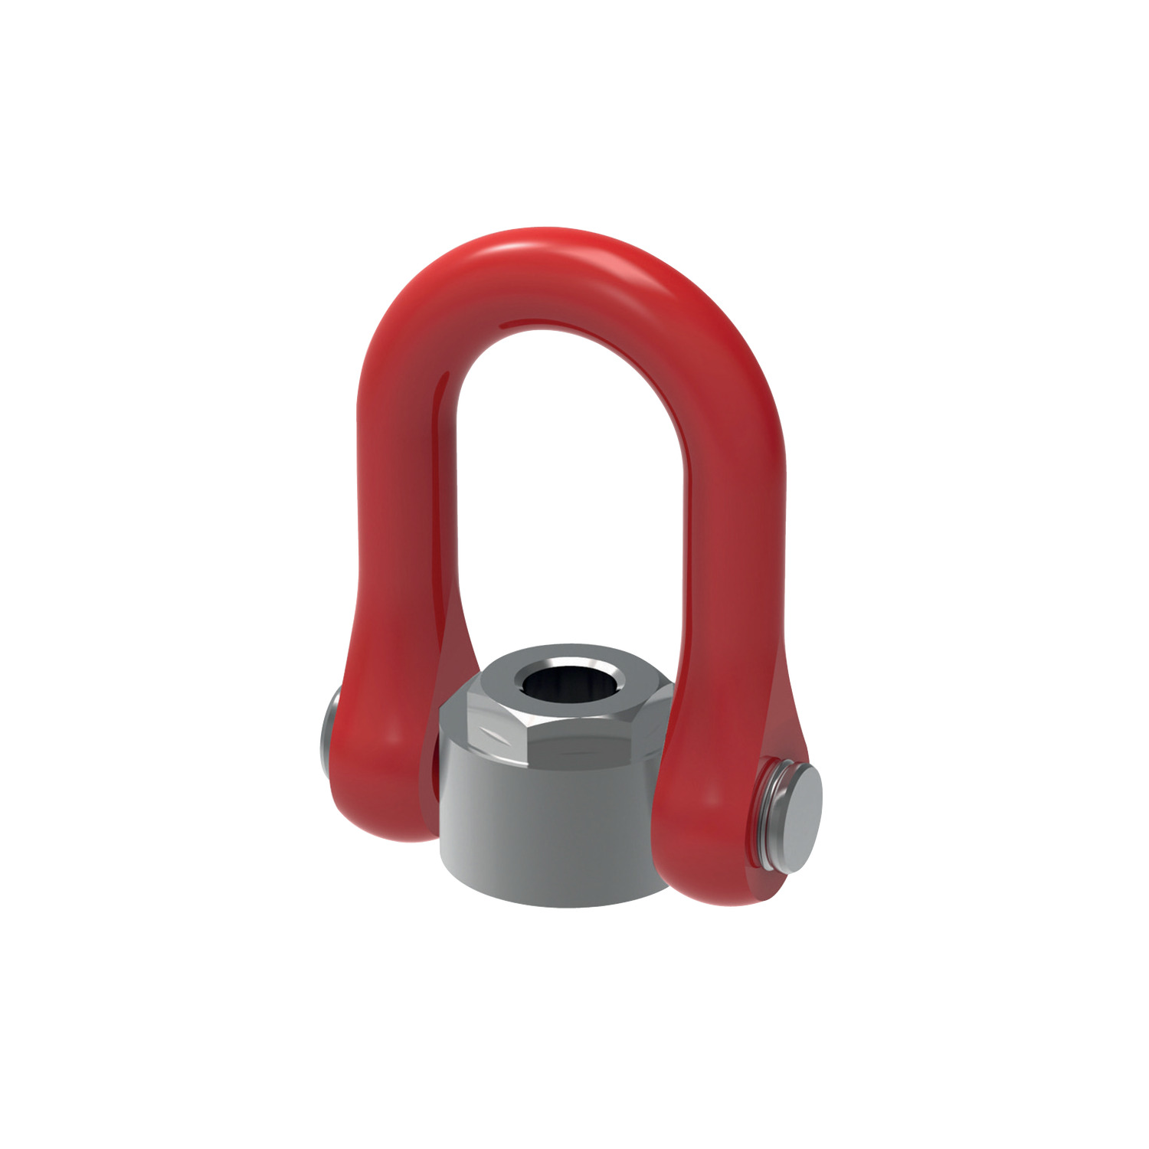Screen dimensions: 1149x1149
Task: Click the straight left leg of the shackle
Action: (406, 498)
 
